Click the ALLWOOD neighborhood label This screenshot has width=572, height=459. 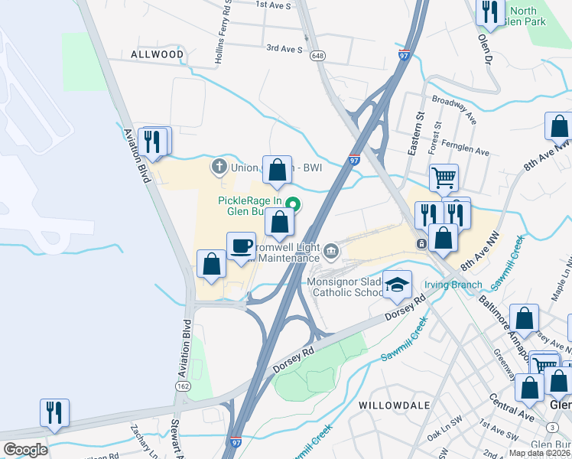157,54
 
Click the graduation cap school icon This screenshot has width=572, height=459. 397,285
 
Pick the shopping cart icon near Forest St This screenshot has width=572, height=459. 443,178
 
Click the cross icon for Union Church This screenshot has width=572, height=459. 218,165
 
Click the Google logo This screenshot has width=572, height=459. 25,449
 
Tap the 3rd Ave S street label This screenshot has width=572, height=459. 284,48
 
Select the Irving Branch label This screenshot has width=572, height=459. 455,285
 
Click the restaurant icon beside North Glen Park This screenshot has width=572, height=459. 489,11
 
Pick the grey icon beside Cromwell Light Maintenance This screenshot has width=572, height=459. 331,250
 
